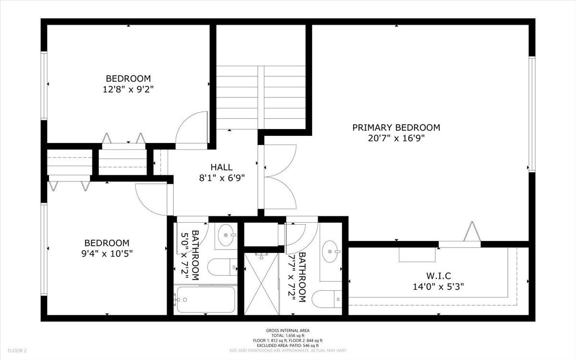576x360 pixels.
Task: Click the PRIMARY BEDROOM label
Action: coord(396,128)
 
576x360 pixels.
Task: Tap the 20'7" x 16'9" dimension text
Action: coord(396,138)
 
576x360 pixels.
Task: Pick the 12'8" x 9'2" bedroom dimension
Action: coord(128,89)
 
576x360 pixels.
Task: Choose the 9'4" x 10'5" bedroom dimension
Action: coord(107,253)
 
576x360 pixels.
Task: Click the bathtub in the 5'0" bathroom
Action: coord(204,300)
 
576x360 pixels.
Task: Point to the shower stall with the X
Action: coord(261,284)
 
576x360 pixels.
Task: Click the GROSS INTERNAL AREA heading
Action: coord(288,330)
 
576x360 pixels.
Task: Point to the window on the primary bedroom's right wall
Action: coord(531,114)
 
